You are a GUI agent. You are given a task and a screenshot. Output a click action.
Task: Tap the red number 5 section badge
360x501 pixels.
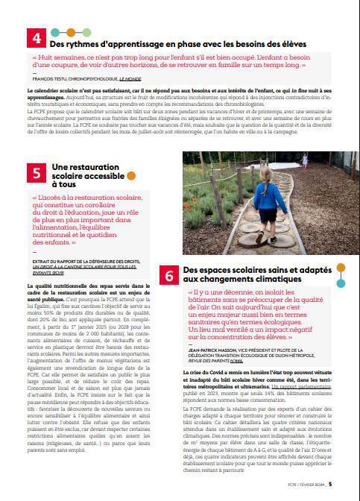point(38,172)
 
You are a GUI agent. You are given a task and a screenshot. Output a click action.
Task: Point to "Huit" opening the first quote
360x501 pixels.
point(48,57)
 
